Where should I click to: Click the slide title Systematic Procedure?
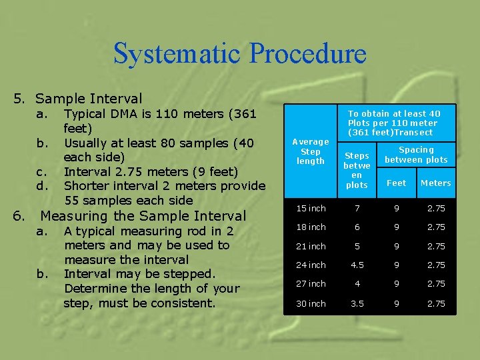click(x=239, y=54)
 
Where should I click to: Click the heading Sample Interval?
click(x=89, y=99)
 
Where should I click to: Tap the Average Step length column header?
click(x=310, y=151)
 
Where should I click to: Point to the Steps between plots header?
click(x=357, y=169)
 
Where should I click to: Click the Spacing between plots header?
click(x=416, y=155)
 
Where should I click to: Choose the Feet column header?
click(x=396, y=183)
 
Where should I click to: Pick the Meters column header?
click(x=435, y=183)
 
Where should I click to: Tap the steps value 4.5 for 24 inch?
click(x=357, y=265)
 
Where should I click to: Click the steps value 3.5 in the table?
click(x=357, y=303)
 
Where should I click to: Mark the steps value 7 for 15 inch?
click(x=357, y=209)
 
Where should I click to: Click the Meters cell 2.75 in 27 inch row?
click(x=435, y=284)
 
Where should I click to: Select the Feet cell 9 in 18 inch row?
click(x=396, y=227)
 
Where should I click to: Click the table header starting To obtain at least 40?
click(x=393, y=123)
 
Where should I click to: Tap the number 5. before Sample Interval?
click(x=19, y=99)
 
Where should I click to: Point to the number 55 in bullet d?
click(x=72, y=200)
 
